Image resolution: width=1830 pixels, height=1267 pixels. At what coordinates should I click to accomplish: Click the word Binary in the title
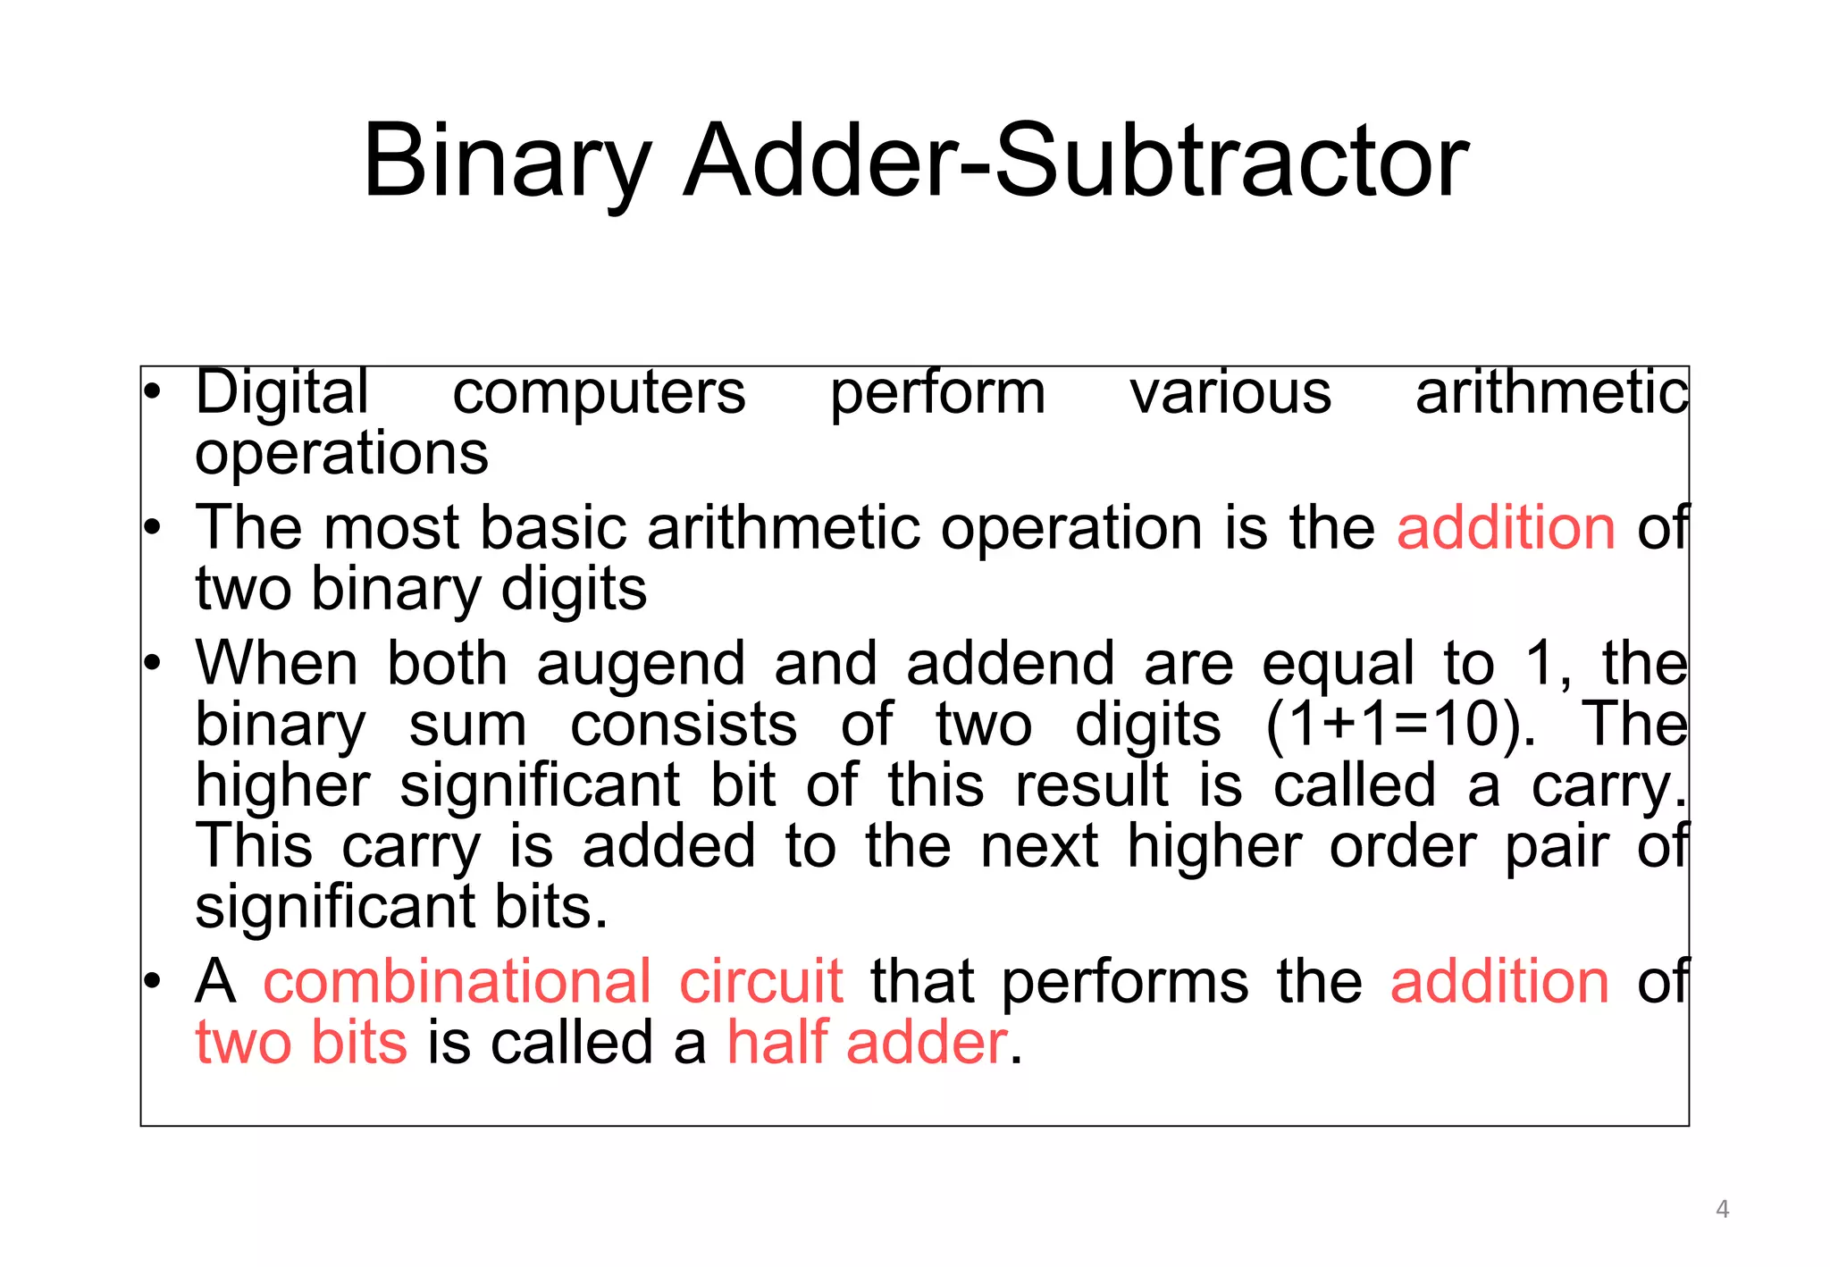pyautogui.click(x=506, y=163)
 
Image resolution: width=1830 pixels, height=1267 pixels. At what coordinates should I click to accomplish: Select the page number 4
pyautogui.click(x=1722, y=1210)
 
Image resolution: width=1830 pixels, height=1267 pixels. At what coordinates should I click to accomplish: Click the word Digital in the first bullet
pyautogui.click(x=281, y=393)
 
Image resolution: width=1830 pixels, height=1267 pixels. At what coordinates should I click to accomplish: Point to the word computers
pyautogui.click(x=599, y=393)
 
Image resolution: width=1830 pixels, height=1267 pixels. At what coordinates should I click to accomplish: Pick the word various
pyautogui.click(x=1230, y=393)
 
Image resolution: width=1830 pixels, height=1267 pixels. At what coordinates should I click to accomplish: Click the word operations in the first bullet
pyautogui.click(x=341, y=454)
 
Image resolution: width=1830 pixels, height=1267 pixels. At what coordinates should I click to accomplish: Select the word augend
pyautogui.click(x=641, y=665)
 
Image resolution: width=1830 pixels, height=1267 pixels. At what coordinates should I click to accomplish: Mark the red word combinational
pyautogui.click(x=457, y=981)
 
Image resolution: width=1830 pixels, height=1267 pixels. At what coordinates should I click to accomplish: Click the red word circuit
pyautogui.click(x=760, y=981)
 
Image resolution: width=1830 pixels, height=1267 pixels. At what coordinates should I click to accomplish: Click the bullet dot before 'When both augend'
pyautogui.click(x=152, y=663)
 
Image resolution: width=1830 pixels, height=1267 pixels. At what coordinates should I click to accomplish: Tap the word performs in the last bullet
pyautogui.click(x=1124, y=983)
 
